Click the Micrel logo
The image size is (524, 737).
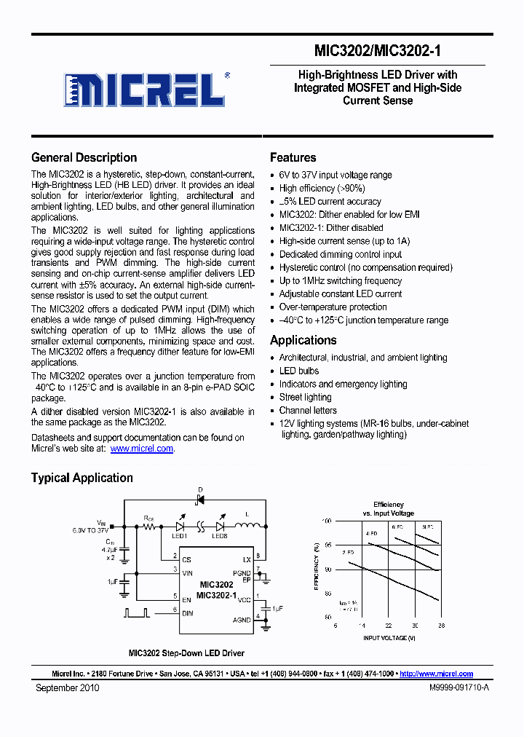pyautogui.click(x=144, y=90)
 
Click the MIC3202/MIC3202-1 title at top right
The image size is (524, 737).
pyautogui.click(x=378, y=51)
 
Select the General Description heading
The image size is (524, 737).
pyautogui.click(x=84, y=157)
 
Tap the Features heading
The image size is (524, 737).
pyautogui.click(x=293, y=157)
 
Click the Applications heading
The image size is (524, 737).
pyautogui.click(x=303, y=340)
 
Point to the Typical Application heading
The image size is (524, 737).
pyautogui.click(x=82, y=478)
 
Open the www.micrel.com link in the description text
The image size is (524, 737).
pyautogui.click(x=142, y=449)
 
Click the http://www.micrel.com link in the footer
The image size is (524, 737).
pyautogui.click(x=436, y=674)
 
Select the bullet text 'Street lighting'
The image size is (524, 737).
pyautogui.click(x=305, y=397)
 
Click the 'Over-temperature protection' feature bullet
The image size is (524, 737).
pyautogui.click(x=333, y=307)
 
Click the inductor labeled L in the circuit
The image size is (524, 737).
pyautogui.click(x=247, y=526)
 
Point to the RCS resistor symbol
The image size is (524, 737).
pyautogui.click(x=149, y=527)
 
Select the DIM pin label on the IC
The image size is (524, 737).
pyautogui.click(x=188, y=613)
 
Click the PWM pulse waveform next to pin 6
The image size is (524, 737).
pyautogui.click(x=136, y=612)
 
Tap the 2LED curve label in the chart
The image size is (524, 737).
pyautogui.click(x=348, y=553)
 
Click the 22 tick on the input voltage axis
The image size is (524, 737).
pyautogui.click(x=389, y=626)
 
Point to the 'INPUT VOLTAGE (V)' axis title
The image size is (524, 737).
pyautogui.click(x=389, y=638)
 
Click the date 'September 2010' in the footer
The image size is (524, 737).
pyautogui.click(x=67, y=687)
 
